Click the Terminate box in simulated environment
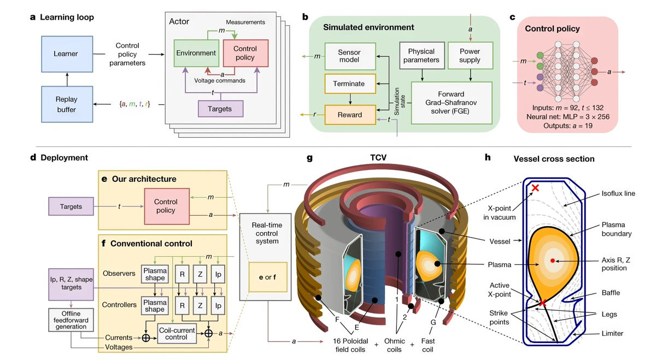click(x=350, y=84)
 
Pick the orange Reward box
click(x=350, y=115)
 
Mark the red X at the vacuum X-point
click(x=535, y=188)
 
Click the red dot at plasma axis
click(x=552, y=259)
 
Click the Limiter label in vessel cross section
click(x=612, y=334)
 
